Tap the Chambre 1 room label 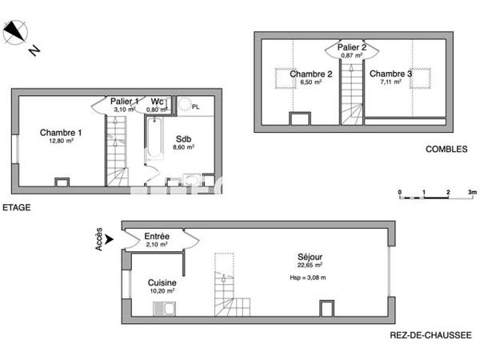pyautogui.click(x=61, y=133)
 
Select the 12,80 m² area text pyautogui.click(x=61, y=141)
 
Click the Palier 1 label pyautogui.click(x=124, y=102)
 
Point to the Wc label pyautogui.click(x=158, y=102)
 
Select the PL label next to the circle pyautogui.click(x=197, y=105)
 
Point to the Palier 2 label pyautogui.click(x=351, y=48)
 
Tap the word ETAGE pyautogui.click(x=16, y=208)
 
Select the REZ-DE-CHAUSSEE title pyautogui.click(x=430, y=336)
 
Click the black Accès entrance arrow pyautogui.click(x=110, y=238)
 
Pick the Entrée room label pyautogui.click(x=156, y=237)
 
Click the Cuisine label pyautogui.click(x=162, y=283)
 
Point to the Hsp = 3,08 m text pyautogui.click(x=307, y=277)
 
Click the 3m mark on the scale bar pyautogui.click(x=472, y=193)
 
